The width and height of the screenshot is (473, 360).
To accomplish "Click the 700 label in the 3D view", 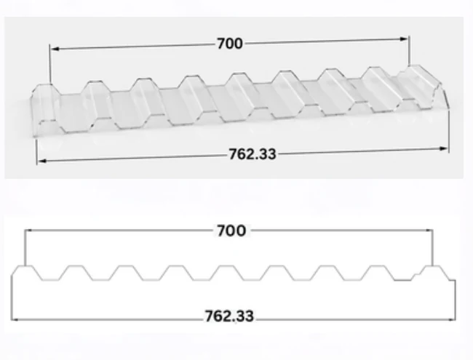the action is pos(229,44).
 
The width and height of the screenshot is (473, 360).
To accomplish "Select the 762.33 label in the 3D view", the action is pos(253,154).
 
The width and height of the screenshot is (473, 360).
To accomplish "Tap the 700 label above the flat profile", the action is pos(231,231).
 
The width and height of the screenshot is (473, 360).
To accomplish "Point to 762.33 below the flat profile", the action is pos(229,316).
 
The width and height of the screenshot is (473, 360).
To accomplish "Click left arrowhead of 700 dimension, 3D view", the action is pos(55,49).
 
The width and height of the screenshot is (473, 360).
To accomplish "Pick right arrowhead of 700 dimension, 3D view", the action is pos(404,39).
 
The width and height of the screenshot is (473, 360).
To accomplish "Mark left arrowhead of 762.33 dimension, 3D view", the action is pos(42,161).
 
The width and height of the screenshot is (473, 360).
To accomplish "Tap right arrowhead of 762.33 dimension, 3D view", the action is pos(444,148).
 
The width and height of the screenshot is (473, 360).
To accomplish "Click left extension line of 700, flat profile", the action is pos(25,248).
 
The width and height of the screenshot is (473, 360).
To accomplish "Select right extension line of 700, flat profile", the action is pos(432,248).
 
